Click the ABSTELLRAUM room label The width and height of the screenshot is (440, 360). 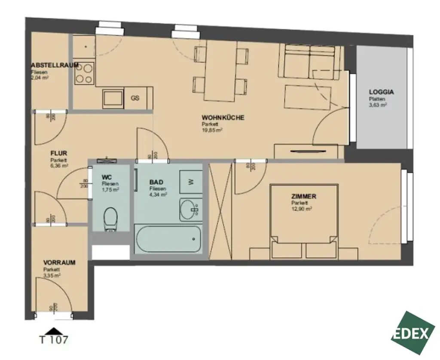55,65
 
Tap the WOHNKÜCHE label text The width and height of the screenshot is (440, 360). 223,117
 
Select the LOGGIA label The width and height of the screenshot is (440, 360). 381,92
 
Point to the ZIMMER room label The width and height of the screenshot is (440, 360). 303,197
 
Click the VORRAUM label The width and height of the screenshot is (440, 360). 59,262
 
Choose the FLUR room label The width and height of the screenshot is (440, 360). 58,153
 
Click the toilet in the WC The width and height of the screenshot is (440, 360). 111,218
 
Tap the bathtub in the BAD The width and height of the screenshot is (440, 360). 168,239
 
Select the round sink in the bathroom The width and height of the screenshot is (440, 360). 189,209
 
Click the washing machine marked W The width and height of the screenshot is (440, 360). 190,182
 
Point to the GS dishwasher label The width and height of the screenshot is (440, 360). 135,98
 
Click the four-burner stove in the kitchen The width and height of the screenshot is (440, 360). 84,73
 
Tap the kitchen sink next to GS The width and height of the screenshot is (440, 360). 113,98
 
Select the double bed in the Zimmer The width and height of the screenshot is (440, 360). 303,222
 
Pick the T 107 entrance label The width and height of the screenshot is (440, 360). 53,340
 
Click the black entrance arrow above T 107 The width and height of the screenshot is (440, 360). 53,330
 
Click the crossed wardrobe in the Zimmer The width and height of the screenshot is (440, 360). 220,211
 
